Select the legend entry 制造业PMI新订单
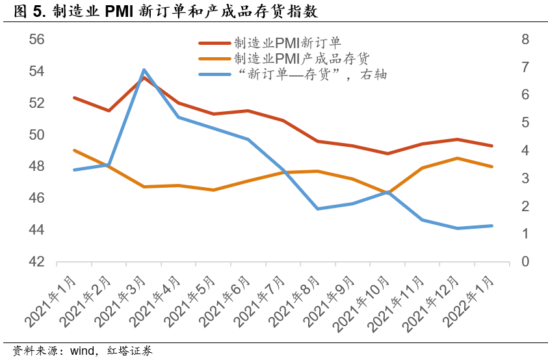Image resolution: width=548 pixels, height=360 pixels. point(287,43)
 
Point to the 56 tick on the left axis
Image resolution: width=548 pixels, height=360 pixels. point(37,40)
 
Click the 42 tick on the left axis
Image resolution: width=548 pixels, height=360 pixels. point(37,262)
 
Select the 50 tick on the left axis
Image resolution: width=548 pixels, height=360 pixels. point(37,135)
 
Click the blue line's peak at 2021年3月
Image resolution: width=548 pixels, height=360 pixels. point(144,69)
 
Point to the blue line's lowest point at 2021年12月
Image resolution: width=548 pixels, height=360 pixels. point(457,228)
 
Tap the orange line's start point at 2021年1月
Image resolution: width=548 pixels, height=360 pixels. point(74,150)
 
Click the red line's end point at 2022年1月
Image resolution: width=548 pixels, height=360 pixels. point(491,146)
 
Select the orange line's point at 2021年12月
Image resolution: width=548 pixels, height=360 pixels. point(457,158)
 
